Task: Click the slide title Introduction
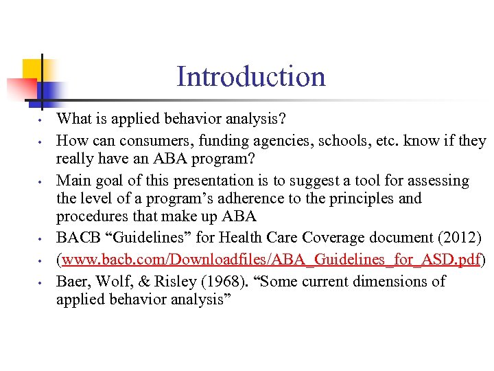coord(250,76)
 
